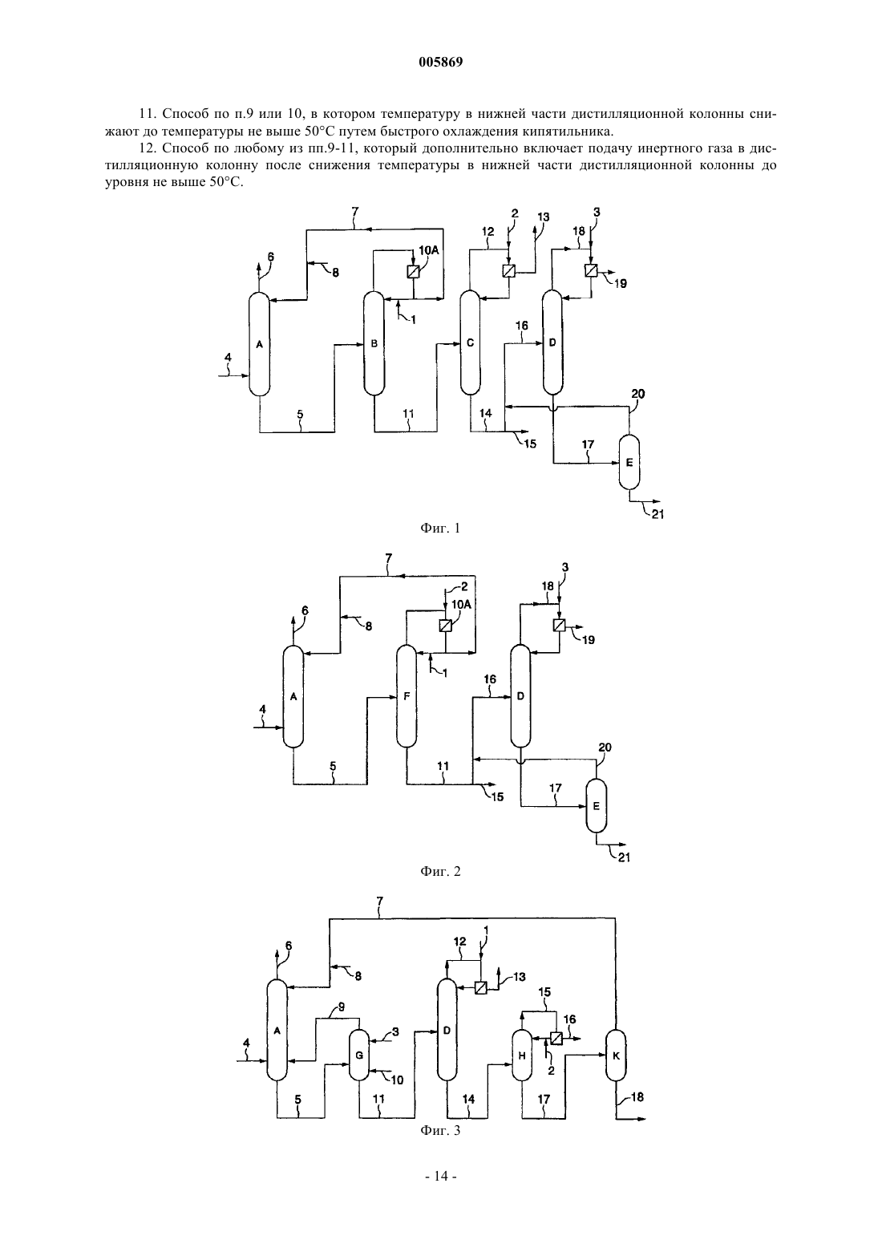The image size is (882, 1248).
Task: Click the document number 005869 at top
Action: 440,63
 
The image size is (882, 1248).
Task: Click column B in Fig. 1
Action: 374,343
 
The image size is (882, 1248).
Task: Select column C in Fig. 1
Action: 470,343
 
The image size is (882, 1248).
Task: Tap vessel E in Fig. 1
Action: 629,463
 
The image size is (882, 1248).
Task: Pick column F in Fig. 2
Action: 407,696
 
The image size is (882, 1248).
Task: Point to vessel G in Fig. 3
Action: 359,1055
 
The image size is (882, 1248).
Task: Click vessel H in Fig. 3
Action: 522,1056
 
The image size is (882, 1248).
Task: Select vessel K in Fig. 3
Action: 616,1056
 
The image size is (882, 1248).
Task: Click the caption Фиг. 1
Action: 440,529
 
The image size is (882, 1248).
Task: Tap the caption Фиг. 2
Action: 440,871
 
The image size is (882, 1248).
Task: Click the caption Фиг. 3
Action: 440,1130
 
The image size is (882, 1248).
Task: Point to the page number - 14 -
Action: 440,1176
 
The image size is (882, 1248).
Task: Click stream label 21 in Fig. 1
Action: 657,514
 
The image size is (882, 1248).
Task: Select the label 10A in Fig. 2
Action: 461,605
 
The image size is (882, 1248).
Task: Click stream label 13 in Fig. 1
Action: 543,217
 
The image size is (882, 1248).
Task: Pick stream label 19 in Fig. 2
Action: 588,639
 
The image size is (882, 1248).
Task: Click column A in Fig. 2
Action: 293,696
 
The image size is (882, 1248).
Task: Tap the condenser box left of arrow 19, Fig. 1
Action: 592,271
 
